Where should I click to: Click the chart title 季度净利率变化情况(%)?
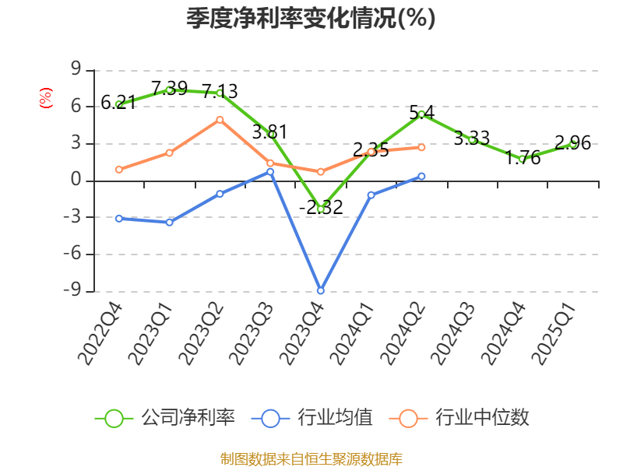click(x=311, y=18)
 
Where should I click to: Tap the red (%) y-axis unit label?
click(x=46, y=98)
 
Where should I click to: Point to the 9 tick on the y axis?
click(x=76, y=69)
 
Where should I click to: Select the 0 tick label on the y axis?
click(x=76, y=181)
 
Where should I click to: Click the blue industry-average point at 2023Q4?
click(x=320, y=290)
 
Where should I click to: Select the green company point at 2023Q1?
click(x=169, y=90)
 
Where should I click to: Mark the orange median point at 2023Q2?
click(x=220, y=119)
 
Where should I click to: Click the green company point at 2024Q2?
click(x=421, y=114)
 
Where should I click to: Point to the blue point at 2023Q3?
click(x=270, y=171)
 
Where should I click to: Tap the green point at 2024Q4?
click(x=523, y=159)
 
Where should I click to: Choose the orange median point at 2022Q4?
click(x=118, y=169)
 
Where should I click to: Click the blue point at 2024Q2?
click(x=421, y=176)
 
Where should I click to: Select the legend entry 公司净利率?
click(x=165, y=418)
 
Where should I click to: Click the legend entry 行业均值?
click(x=313, y=418)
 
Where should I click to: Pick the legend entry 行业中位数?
click(x=465, y=418)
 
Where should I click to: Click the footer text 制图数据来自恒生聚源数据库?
click(x=311, y=458)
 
